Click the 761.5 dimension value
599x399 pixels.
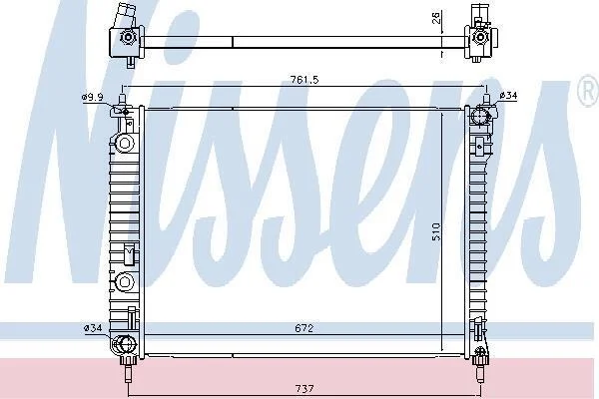[304, 80]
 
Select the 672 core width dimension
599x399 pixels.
[304, 328]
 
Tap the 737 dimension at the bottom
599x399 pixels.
[304, 389]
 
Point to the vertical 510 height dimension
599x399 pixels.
[436, 231]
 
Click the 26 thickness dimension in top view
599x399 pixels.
[436, 18]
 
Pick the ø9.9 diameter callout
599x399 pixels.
[92, 97]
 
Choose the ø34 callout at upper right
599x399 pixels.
[508, 96]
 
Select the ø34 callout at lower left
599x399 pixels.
[93, 327]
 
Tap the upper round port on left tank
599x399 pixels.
[124, 144]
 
